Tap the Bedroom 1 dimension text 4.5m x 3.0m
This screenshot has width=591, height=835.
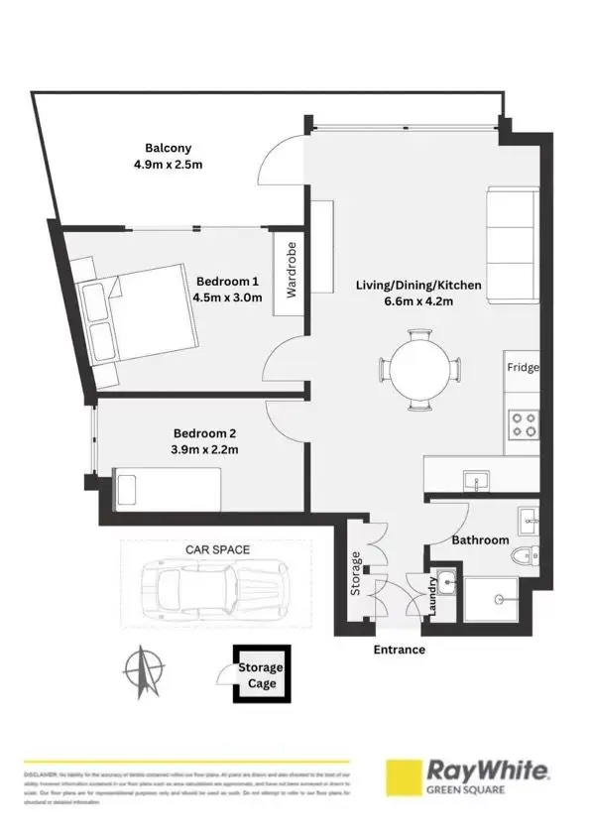coord(228,297)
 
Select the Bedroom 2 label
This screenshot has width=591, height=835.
coord(205,432)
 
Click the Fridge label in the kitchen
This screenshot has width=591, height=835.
coord(523,368)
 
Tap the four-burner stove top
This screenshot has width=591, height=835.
coord(523,424)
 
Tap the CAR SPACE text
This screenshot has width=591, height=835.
coord(217,547)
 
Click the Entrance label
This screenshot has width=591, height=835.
coord(399,650)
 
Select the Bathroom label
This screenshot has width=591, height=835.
coord(480,540)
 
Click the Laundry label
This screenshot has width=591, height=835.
coord(432,598)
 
